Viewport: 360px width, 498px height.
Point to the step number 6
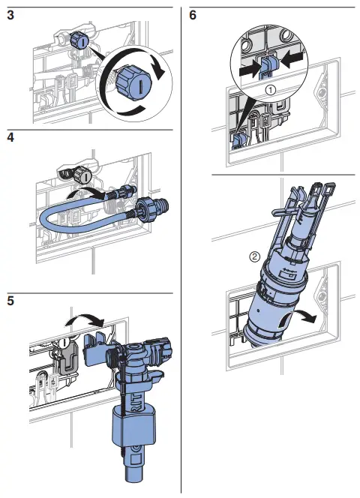tap(194, 15)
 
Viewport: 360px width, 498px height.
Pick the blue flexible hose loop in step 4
tap(67, 224)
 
